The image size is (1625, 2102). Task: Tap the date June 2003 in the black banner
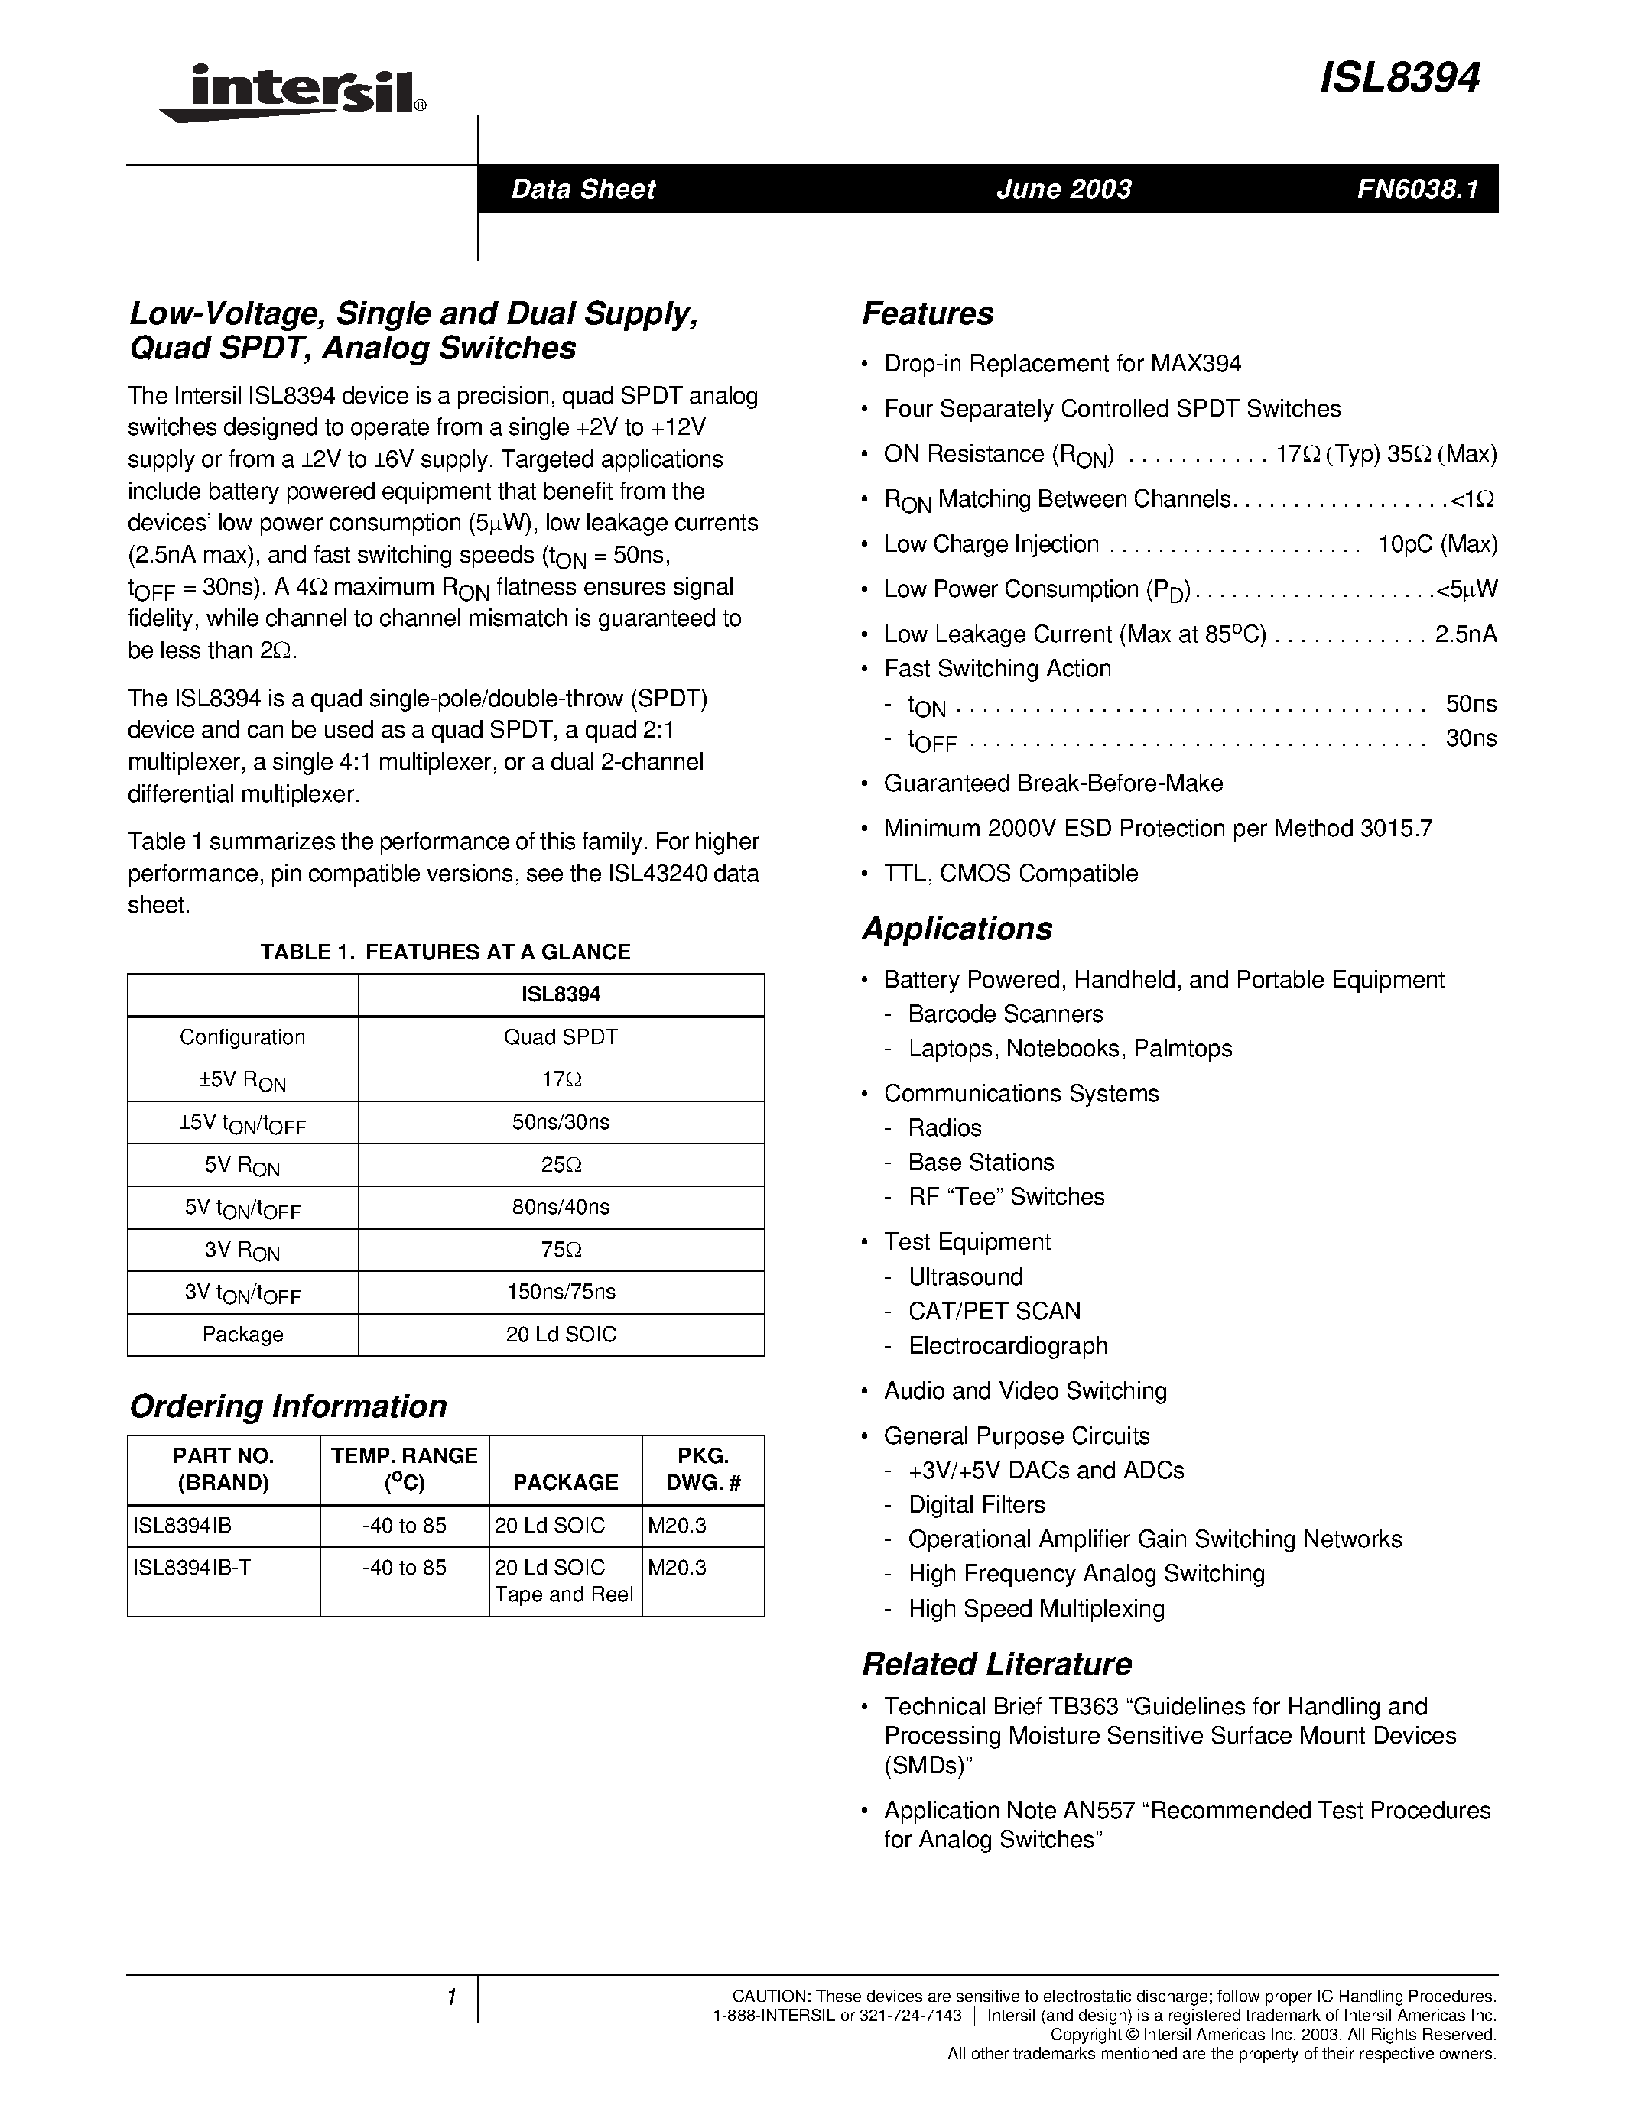pyautogui.click(x=1064, y=189)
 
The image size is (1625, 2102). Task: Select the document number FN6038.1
pyautogui.click(x=1417, y=189)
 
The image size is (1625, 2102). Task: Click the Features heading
pyautogui.click(x=927, y=313)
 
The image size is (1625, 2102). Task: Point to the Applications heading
pyautogui.click(x=957, y=929)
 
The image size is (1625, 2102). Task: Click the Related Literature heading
pyautogui.click(x=996, y=1664)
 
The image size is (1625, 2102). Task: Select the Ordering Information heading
pyautogui.click(x=288, y=1406)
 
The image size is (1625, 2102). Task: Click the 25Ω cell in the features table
pyautogui.click(x=561, y=1165)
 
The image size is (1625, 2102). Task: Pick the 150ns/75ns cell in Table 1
pyautogui.click(x=561, y=1292)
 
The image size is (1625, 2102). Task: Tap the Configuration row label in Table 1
pyautogui.click(x=242, y=1037)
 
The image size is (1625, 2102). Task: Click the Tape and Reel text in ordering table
pyautogui.click(x=564, y=1594)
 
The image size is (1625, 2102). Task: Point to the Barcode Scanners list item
pyautogui.click(x=1005, y=1014)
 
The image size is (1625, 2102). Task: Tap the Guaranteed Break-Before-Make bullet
pyautogui.click(x=1052, y=783)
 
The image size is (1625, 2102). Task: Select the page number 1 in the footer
pyautogui.click(x=450, y=1997)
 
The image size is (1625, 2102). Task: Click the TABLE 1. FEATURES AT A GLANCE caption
pyautogui.click(x=446, y=952)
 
